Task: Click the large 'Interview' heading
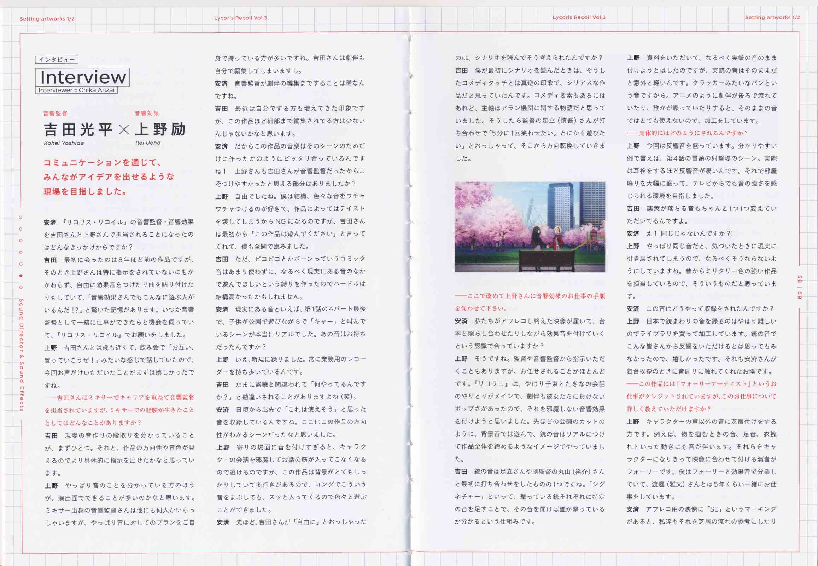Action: [83, 77]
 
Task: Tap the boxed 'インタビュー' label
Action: [57, 60]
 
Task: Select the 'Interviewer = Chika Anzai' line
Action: [76, 90]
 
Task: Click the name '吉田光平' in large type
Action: [78, 130]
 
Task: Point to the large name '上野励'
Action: [160, 129]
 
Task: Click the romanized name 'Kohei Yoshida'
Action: [64, 143]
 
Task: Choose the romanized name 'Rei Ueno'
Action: [147, 143]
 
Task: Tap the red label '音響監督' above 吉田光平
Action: [55, 114]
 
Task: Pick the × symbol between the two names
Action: [124, 130]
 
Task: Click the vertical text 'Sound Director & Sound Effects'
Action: [21, 355]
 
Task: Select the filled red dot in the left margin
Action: [21, 276]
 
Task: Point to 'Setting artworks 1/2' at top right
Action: [772, 17]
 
